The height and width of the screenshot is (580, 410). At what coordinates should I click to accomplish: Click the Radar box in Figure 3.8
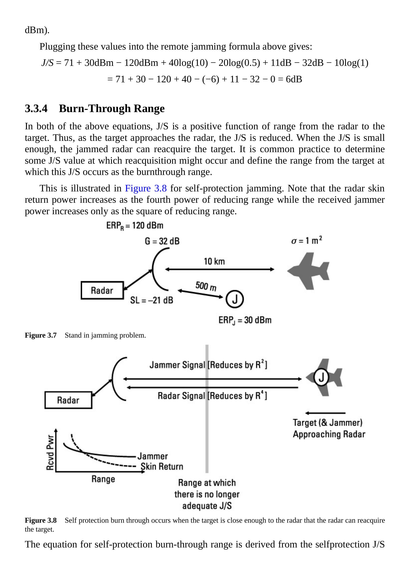[68, 400]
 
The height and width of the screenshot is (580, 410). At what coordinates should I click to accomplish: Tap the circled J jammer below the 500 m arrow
[235, 299]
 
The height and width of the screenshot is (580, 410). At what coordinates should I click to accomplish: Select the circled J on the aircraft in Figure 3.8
[321, 377]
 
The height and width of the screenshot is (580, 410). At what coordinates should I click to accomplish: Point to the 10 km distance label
[214, 261]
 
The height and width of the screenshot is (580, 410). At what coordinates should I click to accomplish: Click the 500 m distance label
[206, 286]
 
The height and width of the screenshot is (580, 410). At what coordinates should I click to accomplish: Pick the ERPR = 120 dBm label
[135, 226]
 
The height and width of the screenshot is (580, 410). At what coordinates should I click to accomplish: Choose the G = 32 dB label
[162, 241]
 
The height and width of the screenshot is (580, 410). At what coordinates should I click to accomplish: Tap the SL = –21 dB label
[152, 300]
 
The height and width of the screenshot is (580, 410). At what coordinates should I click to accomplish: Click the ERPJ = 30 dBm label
[245, 320]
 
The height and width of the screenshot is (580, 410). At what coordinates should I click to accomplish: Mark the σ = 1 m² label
[306, 240]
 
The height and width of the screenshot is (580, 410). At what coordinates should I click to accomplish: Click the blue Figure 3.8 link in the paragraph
[146, 188]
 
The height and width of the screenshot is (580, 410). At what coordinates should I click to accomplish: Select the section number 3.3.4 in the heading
[36, 109]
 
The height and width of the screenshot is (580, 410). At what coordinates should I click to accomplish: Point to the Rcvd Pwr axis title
[50, 452]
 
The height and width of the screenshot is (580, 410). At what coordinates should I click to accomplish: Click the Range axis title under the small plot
[103, 479]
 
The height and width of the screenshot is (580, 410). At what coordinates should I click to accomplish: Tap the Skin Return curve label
[162, 466]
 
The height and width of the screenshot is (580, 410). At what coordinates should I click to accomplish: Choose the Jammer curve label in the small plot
[153, 456]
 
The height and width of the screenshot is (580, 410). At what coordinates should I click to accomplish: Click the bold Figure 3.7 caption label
[41, 335]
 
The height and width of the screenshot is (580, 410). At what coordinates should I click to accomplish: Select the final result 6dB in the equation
[294, 79]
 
